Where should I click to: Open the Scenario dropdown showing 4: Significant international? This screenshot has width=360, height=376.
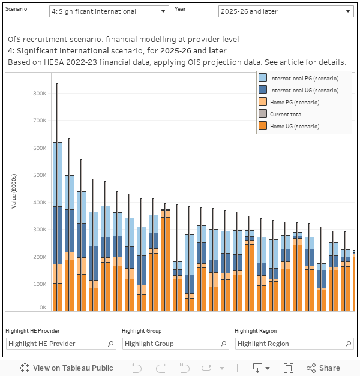(109, 11)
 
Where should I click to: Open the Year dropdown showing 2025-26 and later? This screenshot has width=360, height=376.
(286, 11)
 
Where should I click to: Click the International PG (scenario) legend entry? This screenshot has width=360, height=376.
(304, 79)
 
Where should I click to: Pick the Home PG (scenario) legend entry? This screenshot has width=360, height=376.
(294, 103)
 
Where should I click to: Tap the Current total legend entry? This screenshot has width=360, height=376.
(286, 115)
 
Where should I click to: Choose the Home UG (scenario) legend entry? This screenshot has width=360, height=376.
(294, 127)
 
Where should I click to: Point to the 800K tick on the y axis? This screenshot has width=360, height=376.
(40, 94)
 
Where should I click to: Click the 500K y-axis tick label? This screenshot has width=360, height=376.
(40, 175)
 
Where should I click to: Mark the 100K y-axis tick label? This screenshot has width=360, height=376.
(40, 284)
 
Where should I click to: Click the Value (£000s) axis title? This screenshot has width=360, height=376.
(14, 191)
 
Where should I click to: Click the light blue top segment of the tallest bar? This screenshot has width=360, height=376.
(58, 174)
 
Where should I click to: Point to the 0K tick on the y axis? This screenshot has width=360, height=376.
(43, 308)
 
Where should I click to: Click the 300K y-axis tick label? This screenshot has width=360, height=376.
(40, 230)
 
